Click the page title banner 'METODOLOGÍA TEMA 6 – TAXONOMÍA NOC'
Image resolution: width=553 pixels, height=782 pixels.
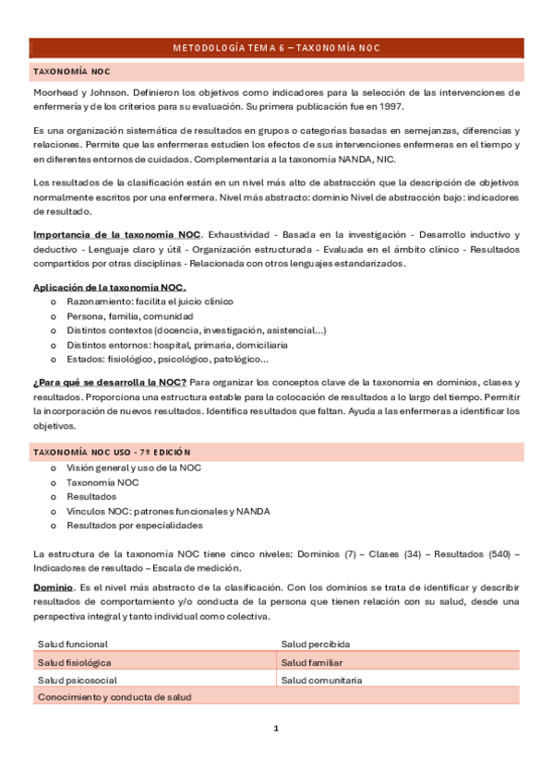[x=276, y=48]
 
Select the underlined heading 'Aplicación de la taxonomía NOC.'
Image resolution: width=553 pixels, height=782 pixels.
[x=109, y=287]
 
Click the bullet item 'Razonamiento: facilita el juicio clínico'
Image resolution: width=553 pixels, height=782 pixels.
[x=150, y=302]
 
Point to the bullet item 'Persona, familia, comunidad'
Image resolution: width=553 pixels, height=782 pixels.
[x=123, y=315]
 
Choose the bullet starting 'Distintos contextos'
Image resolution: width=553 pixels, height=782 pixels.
[x=196, y=330]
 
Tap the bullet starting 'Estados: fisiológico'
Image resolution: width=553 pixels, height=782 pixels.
[x=167, y=360]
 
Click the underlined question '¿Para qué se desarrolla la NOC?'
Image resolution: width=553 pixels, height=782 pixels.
[x=110, y=382]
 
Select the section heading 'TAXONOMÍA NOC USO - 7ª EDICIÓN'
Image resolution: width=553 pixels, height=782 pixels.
[x=112, y=452]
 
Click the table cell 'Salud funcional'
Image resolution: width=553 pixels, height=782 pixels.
[x=72, y=644]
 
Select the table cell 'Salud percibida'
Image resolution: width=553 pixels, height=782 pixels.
[x=315, y=644]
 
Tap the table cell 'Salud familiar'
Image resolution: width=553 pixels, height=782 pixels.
[x=312, y=662]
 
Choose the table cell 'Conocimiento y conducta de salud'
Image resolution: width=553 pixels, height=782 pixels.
[x=114, y=697]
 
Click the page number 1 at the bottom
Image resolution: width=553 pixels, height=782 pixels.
[x=275, y=728]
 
